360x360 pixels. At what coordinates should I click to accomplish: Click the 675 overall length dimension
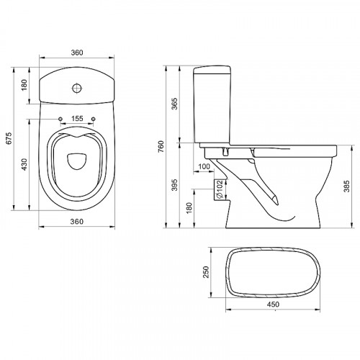pos(9,138)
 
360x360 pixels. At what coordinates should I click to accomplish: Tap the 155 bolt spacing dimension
pos(77,118)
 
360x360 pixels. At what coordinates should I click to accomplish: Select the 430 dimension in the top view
pos(24,164)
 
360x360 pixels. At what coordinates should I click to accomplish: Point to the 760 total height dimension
pos(161,146)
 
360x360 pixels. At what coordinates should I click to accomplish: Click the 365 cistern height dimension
pos(175,104)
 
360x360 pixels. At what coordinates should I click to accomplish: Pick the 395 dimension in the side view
pos(175,184)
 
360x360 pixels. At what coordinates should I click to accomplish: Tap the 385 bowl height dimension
pos(346,186)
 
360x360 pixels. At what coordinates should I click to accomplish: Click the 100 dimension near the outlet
pos(204,166)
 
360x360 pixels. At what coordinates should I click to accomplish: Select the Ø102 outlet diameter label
pos(220,189)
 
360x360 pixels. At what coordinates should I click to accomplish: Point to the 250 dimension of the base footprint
pos(207,272)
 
